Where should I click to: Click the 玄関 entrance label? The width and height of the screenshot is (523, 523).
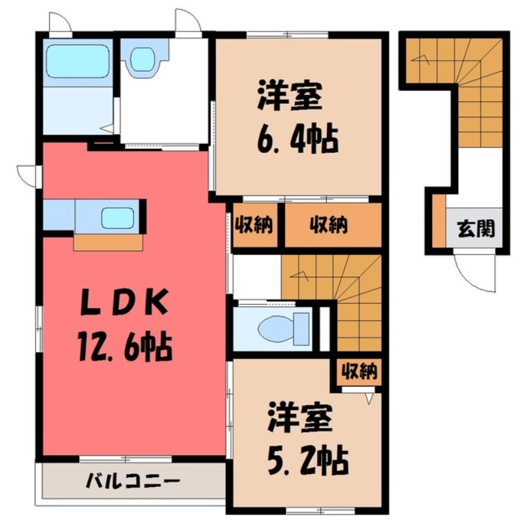[475, 229]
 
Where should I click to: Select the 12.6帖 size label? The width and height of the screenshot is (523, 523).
[124, 345]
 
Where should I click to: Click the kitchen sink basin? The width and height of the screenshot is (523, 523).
[118, 218]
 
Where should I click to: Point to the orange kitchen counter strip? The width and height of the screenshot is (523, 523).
[108, 243]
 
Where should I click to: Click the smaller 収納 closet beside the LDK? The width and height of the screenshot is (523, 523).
[256, 226]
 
